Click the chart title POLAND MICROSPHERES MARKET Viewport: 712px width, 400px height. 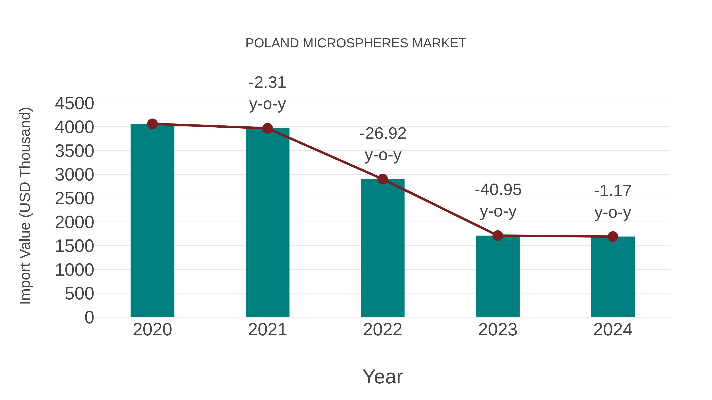pyautogui.click(x=356, y=43)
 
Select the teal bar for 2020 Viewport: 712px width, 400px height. pyautogui.click(x=152, y=221)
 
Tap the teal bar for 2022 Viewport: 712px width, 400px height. pyautogui.click(x=383, y=248)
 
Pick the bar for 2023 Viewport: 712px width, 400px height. pyautogui.click(x=498, y=276)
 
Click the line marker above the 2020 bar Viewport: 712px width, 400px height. pyautogui.click(x=152, y=124)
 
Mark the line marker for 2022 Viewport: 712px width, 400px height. pyautogui.click(x=383, y=179)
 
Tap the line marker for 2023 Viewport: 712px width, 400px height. pyautogui.click(x=498, y=235)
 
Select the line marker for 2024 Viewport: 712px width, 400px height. pyautogui.click(x=613, y=237)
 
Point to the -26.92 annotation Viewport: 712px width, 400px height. pyautogui.click(x=383, y=134)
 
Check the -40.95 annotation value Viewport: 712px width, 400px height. pyautogui.click(x=498, y=190)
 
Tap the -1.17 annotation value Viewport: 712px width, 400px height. pyautogui.click(x=613, y=191)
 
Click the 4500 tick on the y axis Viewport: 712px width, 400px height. pyautogui.click(x=74, y=104)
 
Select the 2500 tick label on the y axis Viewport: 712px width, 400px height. pyautogui.click(x=74, y=199)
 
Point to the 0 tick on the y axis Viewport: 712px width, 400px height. pyautogui.click(x=89, y=317)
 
